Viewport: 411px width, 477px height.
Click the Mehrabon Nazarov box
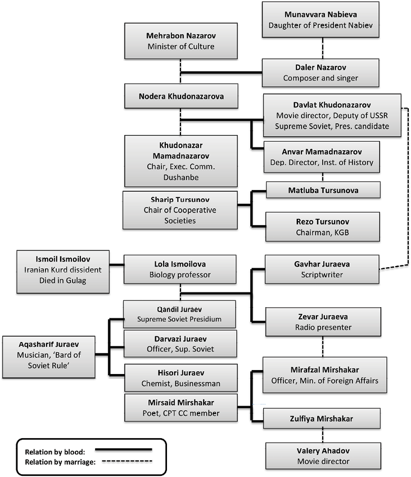181,40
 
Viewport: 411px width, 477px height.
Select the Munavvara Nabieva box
320,20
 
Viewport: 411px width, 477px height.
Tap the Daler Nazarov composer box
320,73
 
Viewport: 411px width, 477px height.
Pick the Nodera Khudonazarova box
181,96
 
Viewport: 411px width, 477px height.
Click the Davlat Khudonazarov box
332,115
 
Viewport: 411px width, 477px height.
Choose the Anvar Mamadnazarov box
322,157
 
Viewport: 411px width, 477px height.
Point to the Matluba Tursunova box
323,190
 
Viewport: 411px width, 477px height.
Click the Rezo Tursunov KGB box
323,227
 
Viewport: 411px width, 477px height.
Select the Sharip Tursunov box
180,210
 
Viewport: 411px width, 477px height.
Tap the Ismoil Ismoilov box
63,272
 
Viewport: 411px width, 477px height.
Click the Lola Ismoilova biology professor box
180,269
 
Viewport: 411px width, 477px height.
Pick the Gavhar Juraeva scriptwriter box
322,269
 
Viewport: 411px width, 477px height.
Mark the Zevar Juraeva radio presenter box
323,322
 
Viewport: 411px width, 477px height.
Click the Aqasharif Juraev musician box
49,357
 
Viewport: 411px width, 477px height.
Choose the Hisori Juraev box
181,378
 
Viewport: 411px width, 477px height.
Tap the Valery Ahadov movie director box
323,456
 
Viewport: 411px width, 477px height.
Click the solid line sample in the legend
124,449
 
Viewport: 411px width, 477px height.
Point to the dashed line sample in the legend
127,461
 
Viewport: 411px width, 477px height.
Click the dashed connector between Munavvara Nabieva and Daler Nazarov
323,48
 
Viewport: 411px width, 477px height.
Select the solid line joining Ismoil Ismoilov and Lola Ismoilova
116,265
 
